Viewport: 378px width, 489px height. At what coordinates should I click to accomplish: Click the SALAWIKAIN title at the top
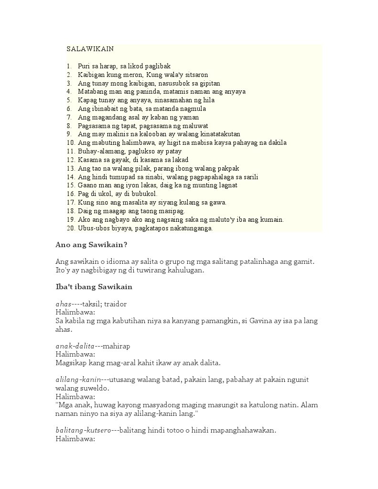click(90, 49)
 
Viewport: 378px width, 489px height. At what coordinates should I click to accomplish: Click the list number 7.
click(69, 117)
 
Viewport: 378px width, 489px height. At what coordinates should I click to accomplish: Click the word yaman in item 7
click(189, 117)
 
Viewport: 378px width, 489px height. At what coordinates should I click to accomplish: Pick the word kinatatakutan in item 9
click(218, 134)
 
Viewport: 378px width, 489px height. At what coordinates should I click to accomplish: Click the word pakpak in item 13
click(228, 168)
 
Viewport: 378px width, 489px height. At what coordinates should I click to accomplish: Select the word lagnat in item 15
click(227, 185)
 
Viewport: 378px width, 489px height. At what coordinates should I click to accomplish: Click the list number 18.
click(70, 211)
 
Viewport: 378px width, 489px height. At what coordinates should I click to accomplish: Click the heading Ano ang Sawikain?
click(91, 245)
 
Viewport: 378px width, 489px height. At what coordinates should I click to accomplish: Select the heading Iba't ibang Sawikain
click(94, 287)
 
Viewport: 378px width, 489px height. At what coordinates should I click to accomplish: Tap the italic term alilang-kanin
click(78, 380)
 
